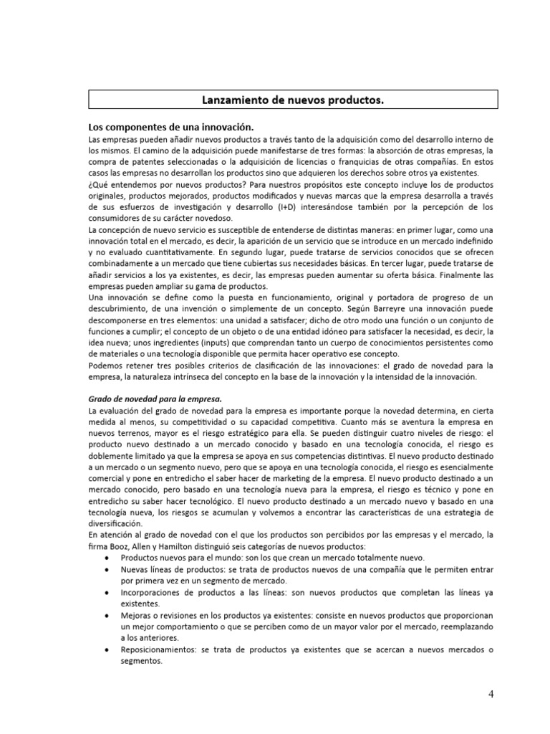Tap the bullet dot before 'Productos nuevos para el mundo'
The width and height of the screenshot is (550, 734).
[x=107, y=558]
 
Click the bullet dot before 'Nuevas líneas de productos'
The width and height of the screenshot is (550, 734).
[x=107, y=570]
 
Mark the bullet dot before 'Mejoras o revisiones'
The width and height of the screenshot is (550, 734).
[x=107, y=616]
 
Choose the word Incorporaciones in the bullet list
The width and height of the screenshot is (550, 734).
[x=153, y=594]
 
